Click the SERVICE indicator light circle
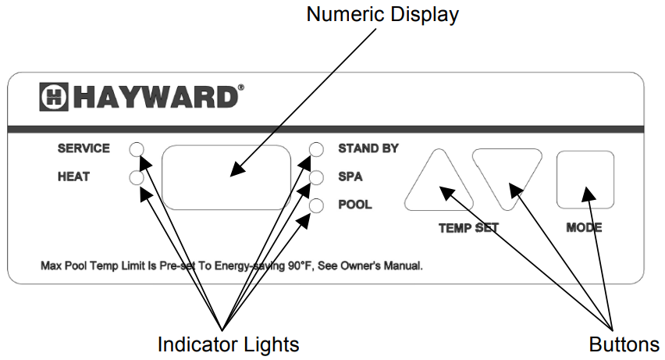pos(137,149)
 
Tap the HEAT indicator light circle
pos(137,178)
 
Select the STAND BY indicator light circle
pos(316,149)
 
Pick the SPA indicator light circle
pos(316,178)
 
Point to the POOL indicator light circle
pos(316,206)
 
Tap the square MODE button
pos(585,180)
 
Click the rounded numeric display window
pos(226,176)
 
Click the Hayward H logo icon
pos(54,98)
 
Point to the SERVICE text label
pos(84,148)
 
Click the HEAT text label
pos(73,177)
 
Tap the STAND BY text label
pos(368,148)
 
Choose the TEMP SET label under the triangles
pos(468,229)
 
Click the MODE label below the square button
pos(584,229)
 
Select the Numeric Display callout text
pos(382,14)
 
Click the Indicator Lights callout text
pos(228,344)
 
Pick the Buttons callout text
pos(624,344)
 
